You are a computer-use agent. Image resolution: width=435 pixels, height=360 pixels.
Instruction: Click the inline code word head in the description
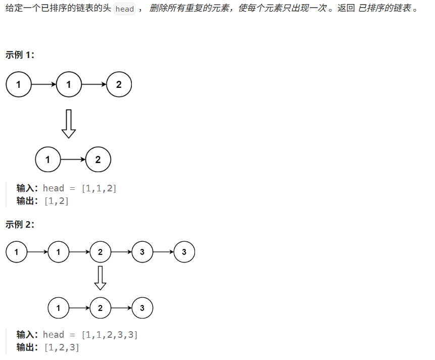pyautogui.click(x=125, y=9)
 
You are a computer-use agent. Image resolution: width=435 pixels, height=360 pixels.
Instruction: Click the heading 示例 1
pyautogui.click(x=20, y=55)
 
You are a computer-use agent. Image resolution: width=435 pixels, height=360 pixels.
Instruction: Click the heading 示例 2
pyautogui.click(x=20, y=225)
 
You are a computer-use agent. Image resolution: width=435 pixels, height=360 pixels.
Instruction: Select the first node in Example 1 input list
pyautogui.click(x=19, y=84)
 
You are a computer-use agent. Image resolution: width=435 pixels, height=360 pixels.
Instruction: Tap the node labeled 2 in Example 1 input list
pyautogui.click(x=119, y=84)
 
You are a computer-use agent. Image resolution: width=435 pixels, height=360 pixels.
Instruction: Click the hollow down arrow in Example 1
pyautogui.click(x=69, y=124)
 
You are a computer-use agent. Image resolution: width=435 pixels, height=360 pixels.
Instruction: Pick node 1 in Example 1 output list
pyautogui.click(x=48, y=160)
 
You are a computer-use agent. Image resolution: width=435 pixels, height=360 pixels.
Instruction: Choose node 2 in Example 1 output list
pyautogui.click(x=98, y=160)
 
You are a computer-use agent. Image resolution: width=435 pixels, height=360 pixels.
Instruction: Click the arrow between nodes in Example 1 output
pyautogui.click(x=73, y=160)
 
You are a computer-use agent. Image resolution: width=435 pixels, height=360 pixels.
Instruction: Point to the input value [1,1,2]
pyautogui.click(x=99, y=188)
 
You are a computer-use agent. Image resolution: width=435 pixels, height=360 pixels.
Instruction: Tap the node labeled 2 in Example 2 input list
pyautogui.click(x=101, y=252)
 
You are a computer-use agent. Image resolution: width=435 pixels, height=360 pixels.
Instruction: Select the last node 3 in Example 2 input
pyautogui.click(x=184, y=252)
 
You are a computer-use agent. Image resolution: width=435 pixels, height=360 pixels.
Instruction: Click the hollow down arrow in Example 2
pyautogui.click(x=101, y=278)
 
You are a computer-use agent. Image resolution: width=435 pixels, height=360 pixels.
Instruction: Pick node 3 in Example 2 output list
pyautogui.click(x=142, y=308)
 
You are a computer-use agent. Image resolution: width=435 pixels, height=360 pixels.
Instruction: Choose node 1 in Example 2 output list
pyautogui.click(x=59, y=308)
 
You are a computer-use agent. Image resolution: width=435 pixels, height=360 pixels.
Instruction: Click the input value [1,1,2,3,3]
pyautogui.click(x=110, y=335)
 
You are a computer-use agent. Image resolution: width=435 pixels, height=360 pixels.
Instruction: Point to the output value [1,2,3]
pyautogui.click(x=62, y=347)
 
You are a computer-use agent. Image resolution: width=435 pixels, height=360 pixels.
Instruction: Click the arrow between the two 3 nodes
pyautogui.click(x=163, y=252)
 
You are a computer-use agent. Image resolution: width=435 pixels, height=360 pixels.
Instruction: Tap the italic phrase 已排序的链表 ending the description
pyautogui.click(x=384, y=9)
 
